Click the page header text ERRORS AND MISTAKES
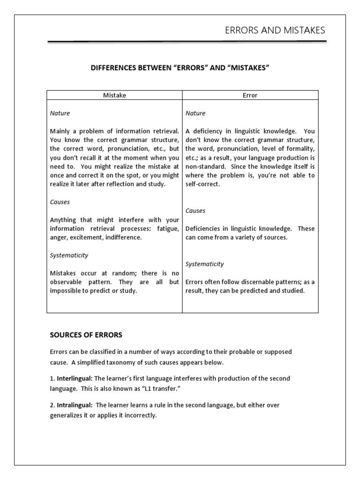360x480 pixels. pos(275,30)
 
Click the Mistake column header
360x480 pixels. pos(114,95)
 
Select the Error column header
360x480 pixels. pos(250,95)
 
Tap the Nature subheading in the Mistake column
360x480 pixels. pos(60,113)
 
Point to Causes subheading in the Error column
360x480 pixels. pos(195,211)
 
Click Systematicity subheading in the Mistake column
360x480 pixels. pos(69,255)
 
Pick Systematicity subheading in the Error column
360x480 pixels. pos(204,264)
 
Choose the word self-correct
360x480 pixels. pos(202,184)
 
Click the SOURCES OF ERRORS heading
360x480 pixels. pos(86,335)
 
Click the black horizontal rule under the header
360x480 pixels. pos(187,42)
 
